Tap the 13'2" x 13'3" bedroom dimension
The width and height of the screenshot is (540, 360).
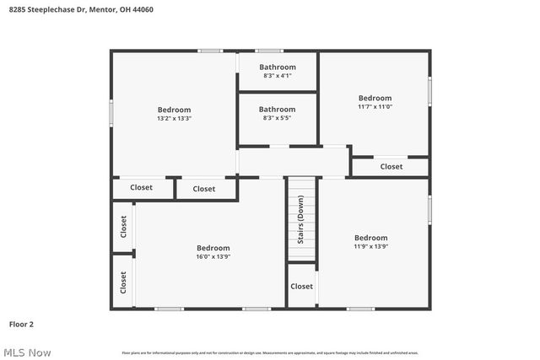(x=174, y=119)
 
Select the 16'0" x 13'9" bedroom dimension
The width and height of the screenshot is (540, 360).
(x=213, y=256)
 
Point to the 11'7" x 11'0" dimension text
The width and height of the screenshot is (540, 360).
(x=375, y=107)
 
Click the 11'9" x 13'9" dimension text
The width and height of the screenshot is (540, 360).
(x=370, y=247)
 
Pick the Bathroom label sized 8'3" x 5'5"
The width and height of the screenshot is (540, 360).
(x=277, y=109)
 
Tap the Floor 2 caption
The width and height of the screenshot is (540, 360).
(x=21, y=323)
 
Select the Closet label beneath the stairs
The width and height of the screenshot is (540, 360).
(x=301, y=287)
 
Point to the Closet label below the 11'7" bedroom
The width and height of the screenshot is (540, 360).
(x=391, y=167)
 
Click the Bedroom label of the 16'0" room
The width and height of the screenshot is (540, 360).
(x=213, y=247)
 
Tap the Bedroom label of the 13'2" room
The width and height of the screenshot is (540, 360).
(x=174, y=110)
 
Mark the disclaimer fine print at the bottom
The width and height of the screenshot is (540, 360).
(x=269, y=352)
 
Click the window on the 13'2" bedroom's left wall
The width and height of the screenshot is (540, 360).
(x=111, y=112)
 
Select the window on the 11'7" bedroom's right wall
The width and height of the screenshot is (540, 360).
(x=429, y=89)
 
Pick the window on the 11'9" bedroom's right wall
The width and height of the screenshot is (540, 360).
(x=429, y=207)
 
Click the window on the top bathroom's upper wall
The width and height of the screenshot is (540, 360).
(x=270, y=51)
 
